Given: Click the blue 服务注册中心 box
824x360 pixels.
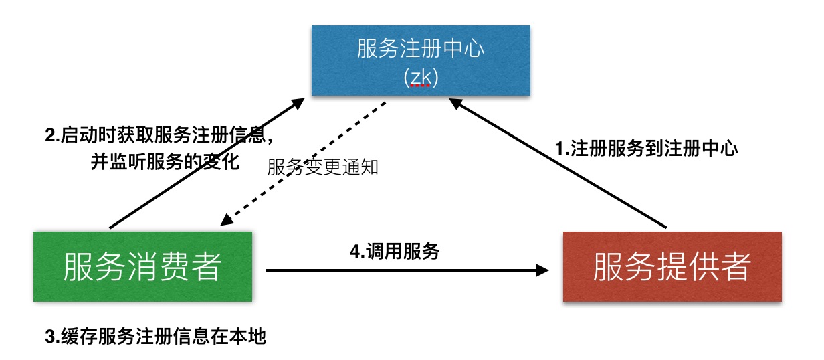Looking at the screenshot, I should coord(421,60).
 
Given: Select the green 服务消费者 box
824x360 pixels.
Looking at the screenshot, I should coord(142,266).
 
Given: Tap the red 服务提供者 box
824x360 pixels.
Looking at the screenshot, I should coord(672,266).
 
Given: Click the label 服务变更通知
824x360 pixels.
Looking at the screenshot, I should coord(323,167).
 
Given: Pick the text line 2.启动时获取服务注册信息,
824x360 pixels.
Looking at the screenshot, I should coord(159,136).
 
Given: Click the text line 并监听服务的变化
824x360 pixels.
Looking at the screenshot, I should coord(165,162).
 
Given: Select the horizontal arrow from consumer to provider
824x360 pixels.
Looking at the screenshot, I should coord(401,270).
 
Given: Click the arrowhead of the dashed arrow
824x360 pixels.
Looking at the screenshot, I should coord(227,221).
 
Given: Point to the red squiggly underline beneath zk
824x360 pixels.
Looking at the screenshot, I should coord(420,86).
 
